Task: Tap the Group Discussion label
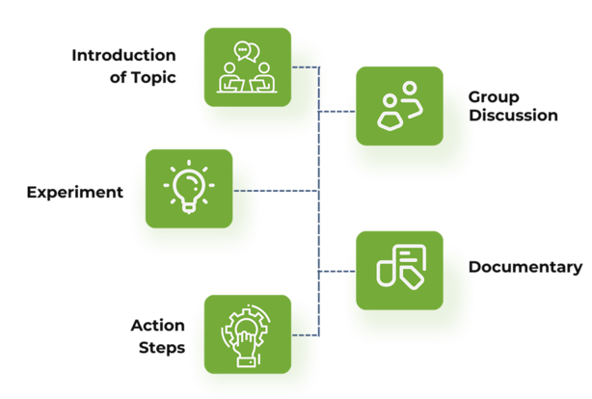click(x=512, y=105)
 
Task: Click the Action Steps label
click(x=158, y=335)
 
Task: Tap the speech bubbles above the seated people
click(x=247, y=51)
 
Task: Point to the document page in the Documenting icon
click(x=411, y=256)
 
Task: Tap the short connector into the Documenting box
click(x=333, y=271)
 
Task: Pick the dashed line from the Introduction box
click(x=304, y=67)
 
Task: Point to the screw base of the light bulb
click(x=189, y=205)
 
